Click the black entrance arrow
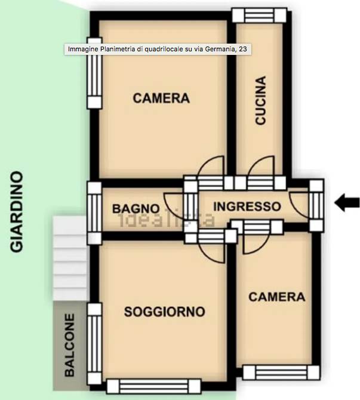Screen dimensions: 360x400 point(347,202)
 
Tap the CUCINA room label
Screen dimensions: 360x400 point(260,100)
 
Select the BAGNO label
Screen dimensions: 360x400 point(136,209)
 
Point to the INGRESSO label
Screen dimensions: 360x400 point(247,207)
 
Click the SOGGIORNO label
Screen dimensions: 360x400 point(165,312)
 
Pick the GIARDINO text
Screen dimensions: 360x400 point(17,212)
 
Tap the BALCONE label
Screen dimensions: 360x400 point(69,345)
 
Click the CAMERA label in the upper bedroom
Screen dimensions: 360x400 point(161,99)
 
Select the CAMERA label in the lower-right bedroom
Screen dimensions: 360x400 point(277,297)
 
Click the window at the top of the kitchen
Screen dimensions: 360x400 point(259,16)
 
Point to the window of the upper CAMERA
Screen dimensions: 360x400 point(95,73)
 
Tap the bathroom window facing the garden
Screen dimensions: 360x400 point(95,213)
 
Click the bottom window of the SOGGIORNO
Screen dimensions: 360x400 point(154,386)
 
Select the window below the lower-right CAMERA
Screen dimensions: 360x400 point(281,373)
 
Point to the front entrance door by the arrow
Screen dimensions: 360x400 point(316,205)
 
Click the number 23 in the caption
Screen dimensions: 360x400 point(243,49)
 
